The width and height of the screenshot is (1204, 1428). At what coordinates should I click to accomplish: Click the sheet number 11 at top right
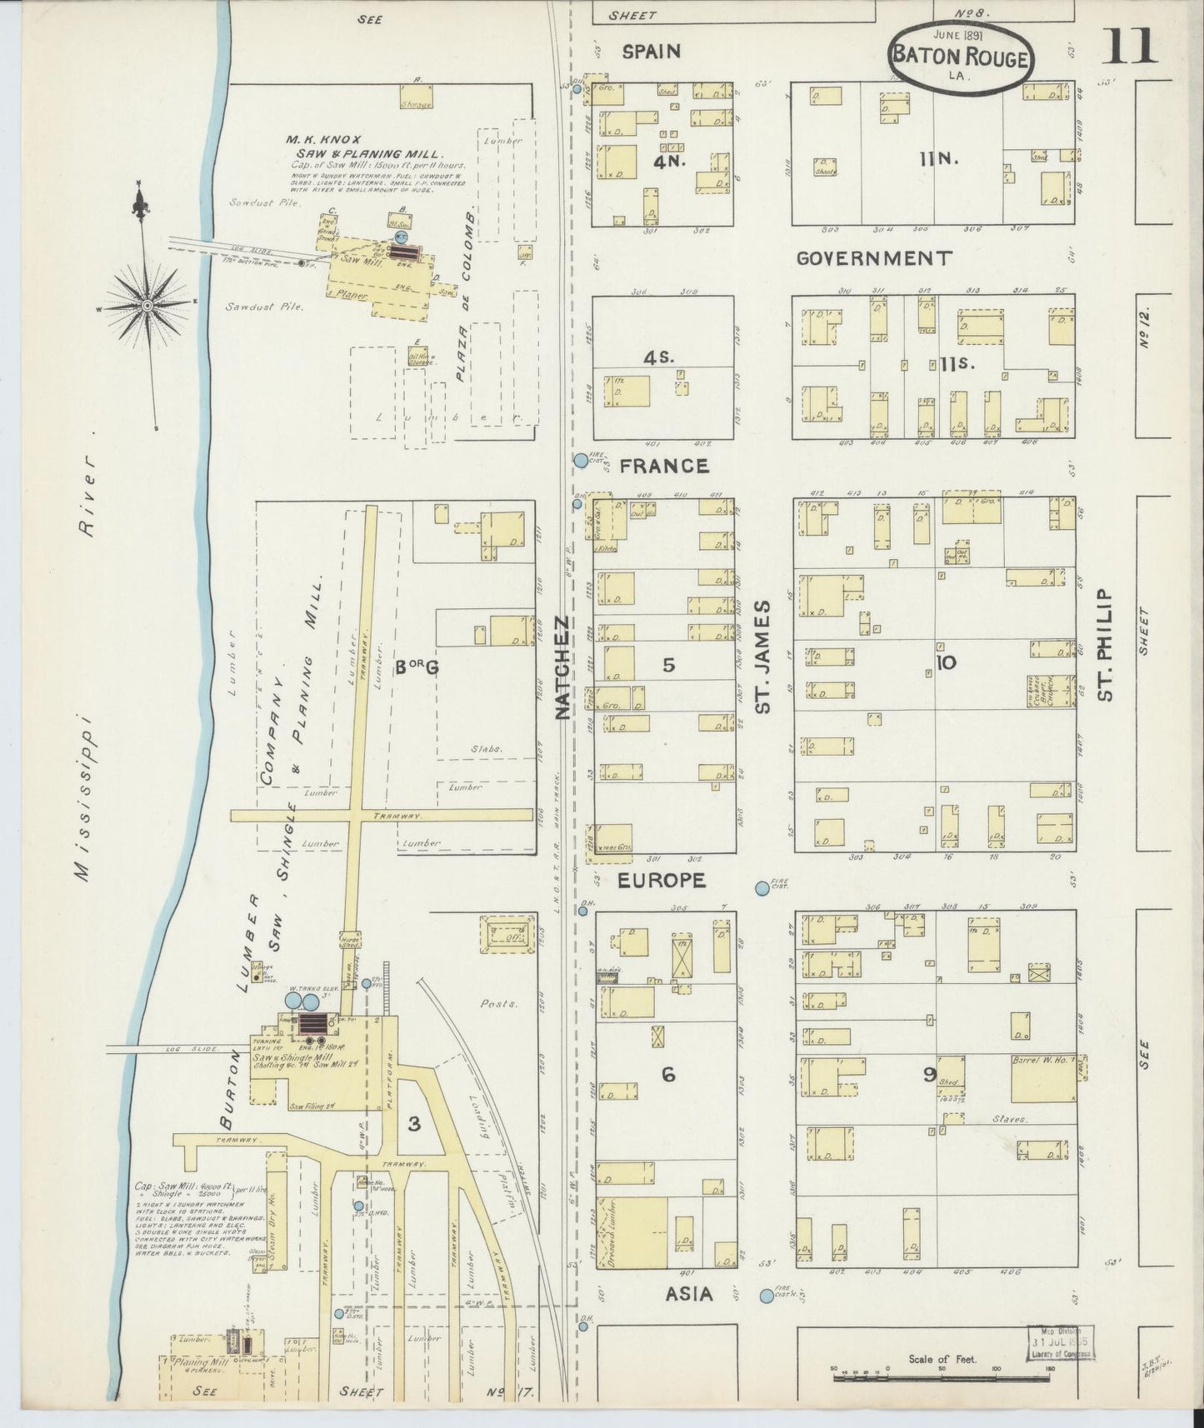[x=1130, y=46]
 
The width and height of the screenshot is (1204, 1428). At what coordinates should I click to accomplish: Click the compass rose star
[x=147, y=306]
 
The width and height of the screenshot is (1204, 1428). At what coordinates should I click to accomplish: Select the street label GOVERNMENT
[x=873, y=258]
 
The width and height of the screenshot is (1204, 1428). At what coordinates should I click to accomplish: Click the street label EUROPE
[x=662, y=880]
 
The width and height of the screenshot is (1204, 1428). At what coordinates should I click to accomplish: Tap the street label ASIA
[x=690, y=1294]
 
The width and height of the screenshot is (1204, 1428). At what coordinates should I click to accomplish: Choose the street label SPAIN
[x=652, y=52]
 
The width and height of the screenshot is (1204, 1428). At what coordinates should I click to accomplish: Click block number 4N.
[x=669, y=161]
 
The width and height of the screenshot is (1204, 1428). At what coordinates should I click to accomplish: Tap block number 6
[x=667, y=1075]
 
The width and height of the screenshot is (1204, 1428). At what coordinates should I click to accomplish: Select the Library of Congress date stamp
[x=1060, y=1343]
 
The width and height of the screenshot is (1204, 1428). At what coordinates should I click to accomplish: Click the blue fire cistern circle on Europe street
[x=762, y=889]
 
